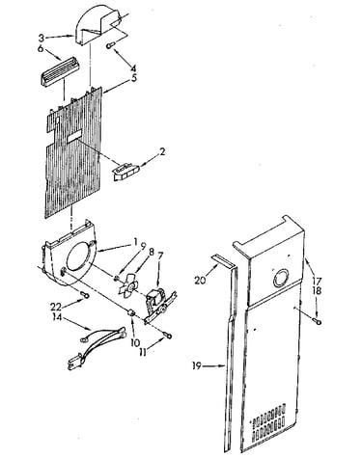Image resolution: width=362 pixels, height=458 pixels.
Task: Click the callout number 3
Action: tap(42, 38)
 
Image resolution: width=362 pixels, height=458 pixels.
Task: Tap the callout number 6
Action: tap(41, 49)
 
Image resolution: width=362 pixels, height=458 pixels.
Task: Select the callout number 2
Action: tap(162, 151)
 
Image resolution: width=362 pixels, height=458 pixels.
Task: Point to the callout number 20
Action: tap(200, 281)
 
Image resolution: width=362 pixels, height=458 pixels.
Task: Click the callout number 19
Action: tap(197, 365)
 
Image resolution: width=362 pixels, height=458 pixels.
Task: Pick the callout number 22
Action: tap(56, 307)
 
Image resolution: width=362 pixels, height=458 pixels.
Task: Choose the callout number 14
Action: tap(57, 316)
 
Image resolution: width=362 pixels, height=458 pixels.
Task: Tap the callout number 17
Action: tap(317, 281)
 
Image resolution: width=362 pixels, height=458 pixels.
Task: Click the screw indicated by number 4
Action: tap(110, 46)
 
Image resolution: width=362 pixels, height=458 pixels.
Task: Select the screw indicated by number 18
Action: tap(318, 321)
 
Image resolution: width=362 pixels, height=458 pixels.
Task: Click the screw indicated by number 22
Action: tap(85, 294)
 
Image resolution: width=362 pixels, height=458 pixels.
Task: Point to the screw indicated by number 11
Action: tap(168, 336)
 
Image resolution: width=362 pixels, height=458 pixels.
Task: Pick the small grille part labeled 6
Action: tap(61, 73)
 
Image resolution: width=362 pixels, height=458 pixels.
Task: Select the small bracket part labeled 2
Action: tap(126, 171)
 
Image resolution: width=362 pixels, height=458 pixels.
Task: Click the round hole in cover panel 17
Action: tap(281, 279)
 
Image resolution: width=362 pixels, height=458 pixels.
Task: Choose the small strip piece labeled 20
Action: tap(223, 261)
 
